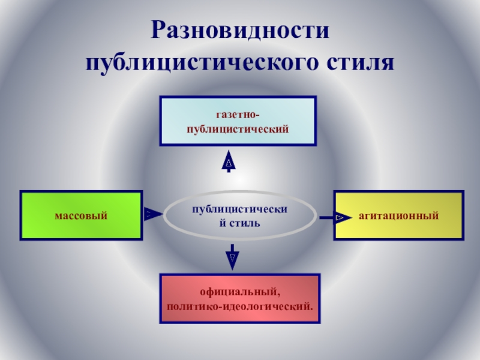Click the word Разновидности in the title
click(x=240, y=30)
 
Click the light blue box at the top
click(x=238, y=121)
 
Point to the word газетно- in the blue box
click(x=238, y=113)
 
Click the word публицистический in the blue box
click(x=238, y=128)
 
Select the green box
click(x=82, y=215)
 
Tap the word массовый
click(x=82, y=215)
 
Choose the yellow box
click(x=399, y=215)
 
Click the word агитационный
click(x=399, y=215)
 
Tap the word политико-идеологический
click(x=239, y=307)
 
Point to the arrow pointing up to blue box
click(x=229, y=161)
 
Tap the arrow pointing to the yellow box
click(x=333, y=217)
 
